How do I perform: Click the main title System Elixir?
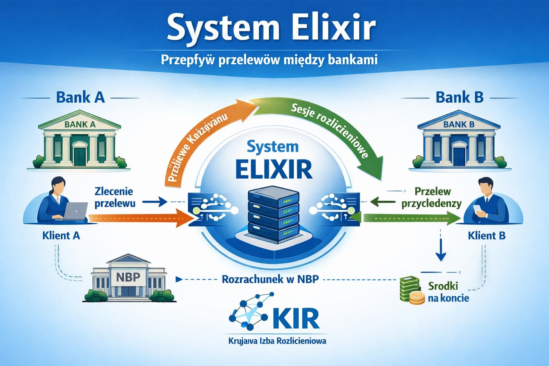click(x=271, y=27)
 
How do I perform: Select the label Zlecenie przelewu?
click(x=114, y=197)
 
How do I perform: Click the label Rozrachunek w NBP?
click(x=270, y=279)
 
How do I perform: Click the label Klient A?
click(x=61, y=236)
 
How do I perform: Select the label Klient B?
click(x=486, y=236)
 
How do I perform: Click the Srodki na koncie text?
click(x=448, y=292)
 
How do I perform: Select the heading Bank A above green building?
click(x=80, y=97)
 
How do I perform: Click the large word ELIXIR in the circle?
click(x=274, y=169)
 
